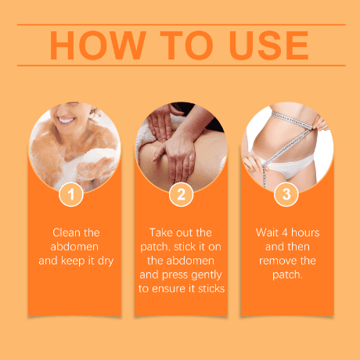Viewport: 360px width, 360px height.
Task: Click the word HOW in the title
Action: tap(98, 45)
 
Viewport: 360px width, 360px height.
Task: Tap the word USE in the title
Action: tap(269, 45)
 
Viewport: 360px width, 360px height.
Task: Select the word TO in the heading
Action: tap(186, 45)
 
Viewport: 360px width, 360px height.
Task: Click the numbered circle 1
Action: tap(71, 194)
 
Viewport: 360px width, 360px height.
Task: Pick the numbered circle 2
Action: tap(181, 194)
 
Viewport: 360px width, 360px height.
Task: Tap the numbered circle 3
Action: tap(286, 194)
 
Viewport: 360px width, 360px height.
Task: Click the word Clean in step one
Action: tap(65, 232)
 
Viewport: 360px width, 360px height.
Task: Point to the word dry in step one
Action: tap(106, 261)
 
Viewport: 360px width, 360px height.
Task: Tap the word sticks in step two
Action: tap(211, 289)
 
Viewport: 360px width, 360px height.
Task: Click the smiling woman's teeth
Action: tap(66, 121)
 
